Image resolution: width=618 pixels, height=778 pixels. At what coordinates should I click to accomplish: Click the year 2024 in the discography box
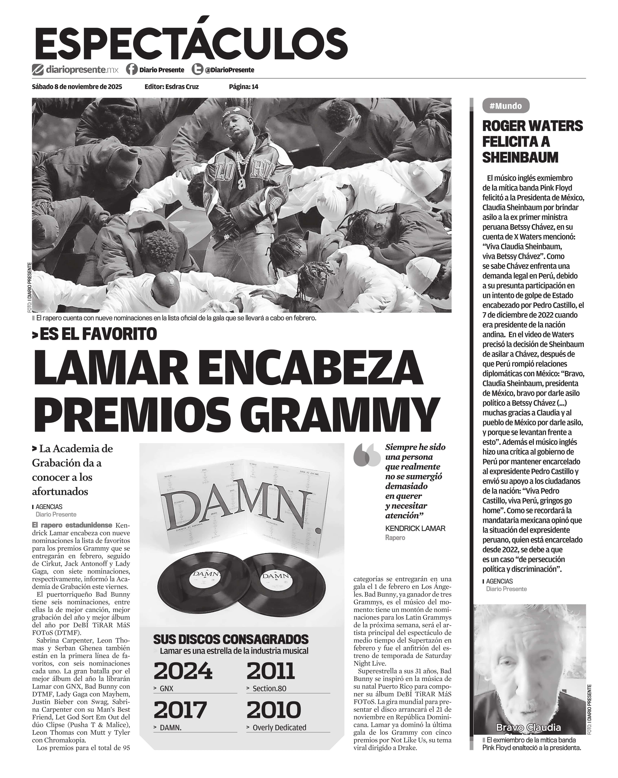[183, 671]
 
